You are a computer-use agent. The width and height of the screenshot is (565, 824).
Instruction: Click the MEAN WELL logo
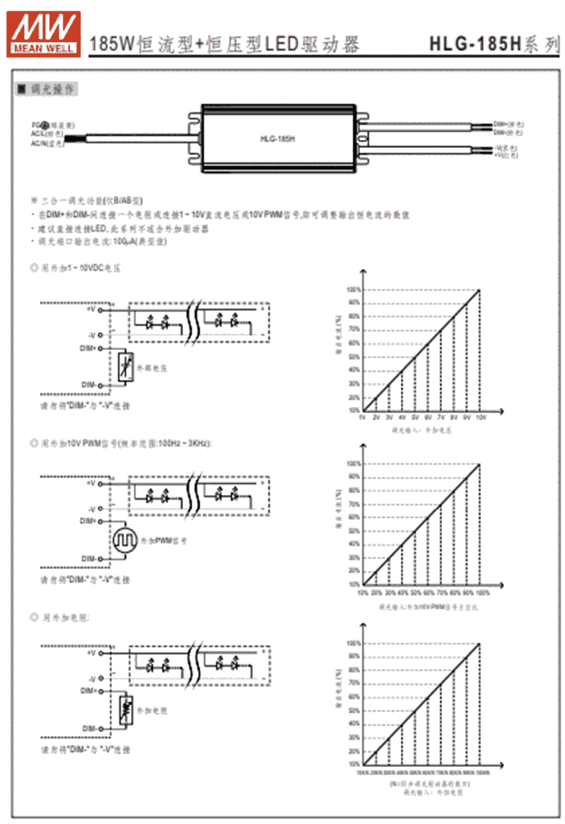[x=43, y=29]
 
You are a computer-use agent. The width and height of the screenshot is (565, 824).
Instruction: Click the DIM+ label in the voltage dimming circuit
[x=89, y=348]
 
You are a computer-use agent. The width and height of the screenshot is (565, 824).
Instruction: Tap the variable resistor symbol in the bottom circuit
[x=125, y=710]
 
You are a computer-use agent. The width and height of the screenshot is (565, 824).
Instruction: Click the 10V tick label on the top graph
[x=480, y=416]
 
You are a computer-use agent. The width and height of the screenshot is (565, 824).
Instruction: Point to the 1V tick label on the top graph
[x=362, y=416]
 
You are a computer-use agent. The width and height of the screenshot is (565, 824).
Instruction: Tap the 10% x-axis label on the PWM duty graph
[x=362, y=592]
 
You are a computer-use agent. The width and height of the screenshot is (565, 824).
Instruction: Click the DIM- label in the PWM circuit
[x=89, y=558]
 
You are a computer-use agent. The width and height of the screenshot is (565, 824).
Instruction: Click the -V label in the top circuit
[x=91, y=334]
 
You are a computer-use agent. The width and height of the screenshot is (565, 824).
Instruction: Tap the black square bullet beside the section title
[x=23, y=90]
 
